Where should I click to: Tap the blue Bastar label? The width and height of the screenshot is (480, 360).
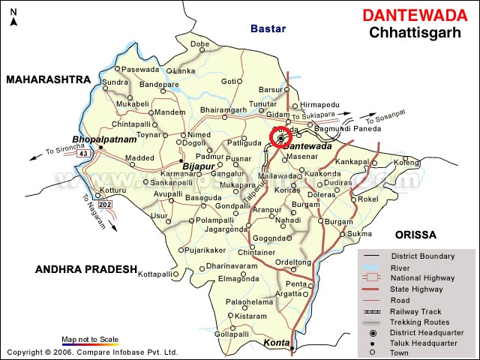click(x=267, y=28)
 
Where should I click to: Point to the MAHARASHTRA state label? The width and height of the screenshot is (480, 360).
click(x=49, y=79)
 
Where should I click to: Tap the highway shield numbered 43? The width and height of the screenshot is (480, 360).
click(x=83, y=154)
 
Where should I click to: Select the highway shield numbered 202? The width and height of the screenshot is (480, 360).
click(x=104, y=205)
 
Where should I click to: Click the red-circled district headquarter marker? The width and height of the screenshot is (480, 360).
click(x=281, y=138)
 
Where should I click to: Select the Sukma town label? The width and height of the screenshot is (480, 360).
click(x=359, y=233)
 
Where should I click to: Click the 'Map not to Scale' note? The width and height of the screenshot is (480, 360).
click(x=89, y=340)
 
